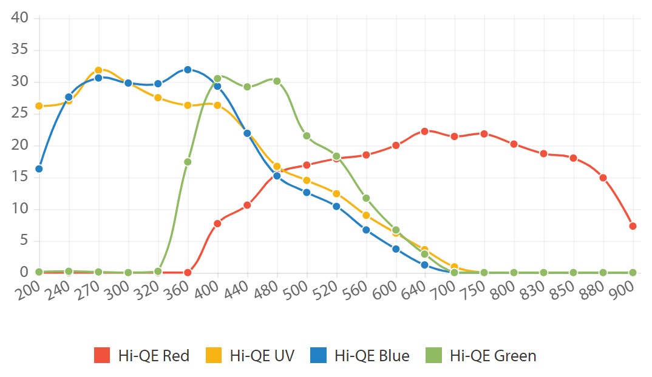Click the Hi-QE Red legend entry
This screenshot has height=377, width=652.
tap(142, 355)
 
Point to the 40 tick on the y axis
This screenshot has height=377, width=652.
tap(21, 18)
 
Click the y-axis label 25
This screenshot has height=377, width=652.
tap(21, 113)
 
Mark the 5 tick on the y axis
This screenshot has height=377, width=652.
tap(24, 241)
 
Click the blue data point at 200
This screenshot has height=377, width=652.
tap(39, 168)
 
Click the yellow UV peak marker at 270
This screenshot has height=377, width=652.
tap(98, 70)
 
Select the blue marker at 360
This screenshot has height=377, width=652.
tap(188, 70)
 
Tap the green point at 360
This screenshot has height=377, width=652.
tap(188, 162)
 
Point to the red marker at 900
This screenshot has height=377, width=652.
tap(633, 226)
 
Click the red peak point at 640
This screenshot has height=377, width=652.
tap(425, 131)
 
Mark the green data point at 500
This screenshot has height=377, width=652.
tap(307, 136)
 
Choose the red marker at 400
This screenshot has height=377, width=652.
tap(217, 223)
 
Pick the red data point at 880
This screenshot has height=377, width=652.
tap(603, 178)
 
